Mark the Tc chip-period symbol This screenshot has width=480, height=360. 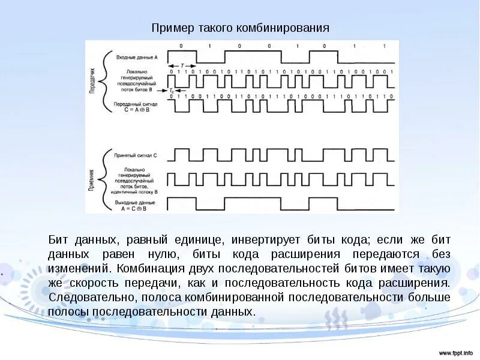172,91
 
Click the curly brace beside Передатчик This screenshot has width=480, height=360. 106,82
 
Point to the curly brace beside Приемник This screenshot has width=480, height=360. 106,179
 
